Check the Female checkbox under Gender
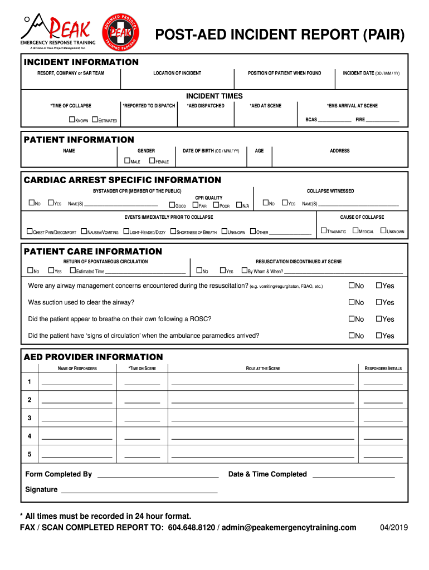point(152,161)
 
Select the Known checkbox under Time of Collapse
point(71,120)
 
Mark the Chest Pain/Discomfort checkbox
point(30,231)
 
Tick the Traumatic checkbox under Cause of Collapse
point(324,231)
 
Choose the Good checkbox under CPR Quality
point(172,205)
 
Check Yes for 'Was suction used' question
point(379,302)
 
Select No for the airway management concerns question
point(352,286)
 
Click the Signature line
point(139,491)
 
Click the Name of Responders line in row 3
point(77,419)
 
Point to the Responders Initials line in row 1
point(383,384)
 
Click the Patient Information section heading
point(79,140)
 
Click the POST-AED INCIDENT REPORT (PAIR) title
point(280,36)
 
